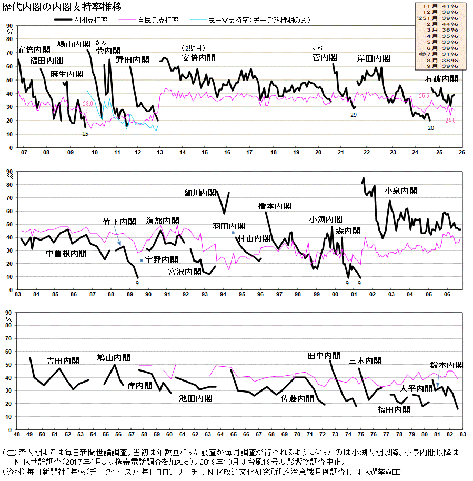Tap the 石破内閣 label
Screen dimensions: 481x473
click(x=441, y=79)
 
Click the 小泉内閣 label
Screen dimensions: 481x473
click(x=401, y=191)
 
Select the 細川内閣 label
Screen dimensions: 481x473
click(x=200, y=193)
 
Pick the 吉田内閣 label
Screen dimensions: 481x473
click(x=63, y=361)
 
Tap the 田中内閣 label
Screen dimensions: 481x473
click(x=324, y=356)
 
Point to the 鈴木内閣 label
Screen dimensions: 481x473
click(x=446, y=365)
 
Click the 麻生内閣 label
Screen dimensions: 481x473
click(x=67, y=74)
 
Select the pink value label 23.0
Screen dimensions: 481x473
click(x=88, y=104)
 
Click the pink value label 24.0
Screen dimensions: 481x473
click(x=450, y=121)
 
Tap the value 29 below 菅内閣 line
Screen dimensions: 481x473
click(x=354, y=115)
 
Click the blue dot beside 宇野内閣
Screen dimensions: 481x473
click(x=141, y=260)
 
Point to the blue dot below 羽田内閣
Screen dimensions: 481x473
click(x=233, y=232)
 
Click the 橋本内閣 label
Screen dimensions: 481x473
click(x=275, y=206)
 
